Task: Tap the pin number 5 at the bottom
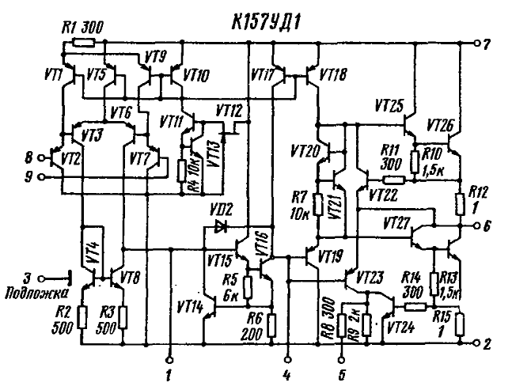click(341, 369)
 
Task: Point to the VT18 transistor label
click(335, 75)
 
